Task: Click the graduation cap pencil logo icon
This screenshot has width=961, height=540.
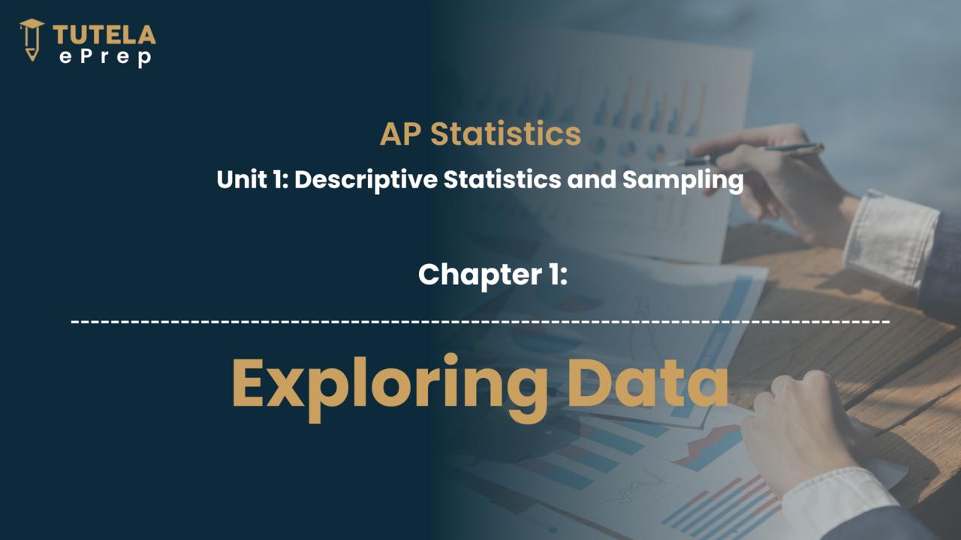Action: [x=32, y=40]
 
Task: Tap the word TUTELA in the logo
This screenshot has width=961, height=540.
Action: [x=104, y=34]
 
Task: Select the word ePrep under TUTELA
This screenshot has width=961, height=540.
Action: [x=106, y=58]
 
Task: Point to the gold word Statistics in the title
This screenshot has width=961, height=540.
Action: [x=506, y=133]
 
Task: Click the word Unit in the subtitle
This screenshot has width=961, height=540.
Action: [x=242, y=179]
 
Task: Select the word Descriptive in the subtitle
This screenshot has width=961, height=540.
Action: [x=366, y=180]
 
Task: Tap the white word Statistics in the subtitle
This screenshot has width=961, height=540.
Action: [x=502, y=179]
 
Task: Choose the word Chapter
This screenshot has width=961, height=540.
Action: [x=480, y=275]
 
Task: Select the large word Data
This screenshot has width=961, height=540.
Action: [x=649, y=383]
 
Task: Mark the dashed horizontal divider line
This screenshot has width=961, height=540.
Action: [x=480, y=321]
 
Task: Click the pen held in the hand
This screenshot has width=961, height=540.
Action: [x=746, y=155]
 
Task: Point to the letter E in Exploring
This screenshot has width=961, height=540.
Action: [x=248, y=383]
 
